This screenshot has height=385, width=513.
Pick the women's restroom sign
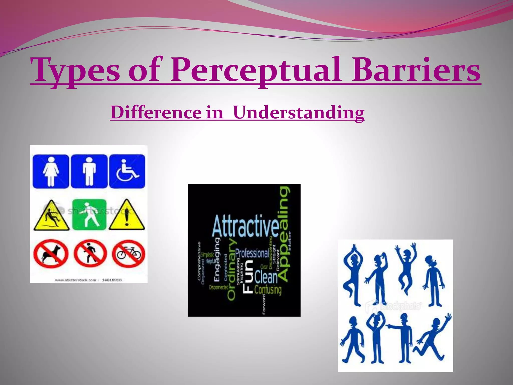coord(51,171)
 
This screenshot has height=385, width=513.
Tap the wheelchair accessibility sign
coord(127,171)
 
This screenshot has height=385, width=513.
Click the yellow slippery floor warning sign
coord(51,216)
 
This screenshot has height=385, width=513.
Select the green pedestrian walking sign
coord(89,215)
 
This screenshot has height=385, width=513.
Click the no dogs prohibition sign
coord(51,254)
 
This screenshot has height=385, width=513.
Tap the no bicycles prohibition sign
coord(128,253)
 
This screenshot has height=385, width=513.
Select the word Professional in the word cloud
coord(252,254)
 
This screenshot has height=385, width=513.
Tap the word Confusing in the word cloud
coord(268,290)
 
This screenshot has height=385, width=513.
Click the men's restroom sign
coord(89,171)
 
